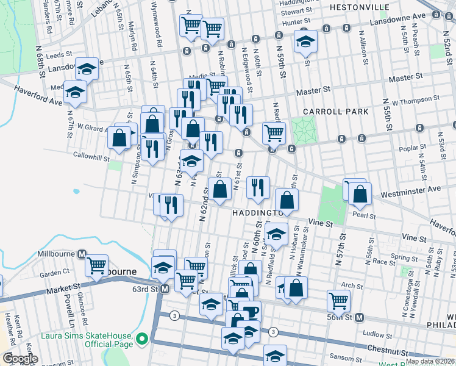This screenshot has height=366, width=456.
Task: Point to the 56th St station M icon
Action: (x=360, y=317)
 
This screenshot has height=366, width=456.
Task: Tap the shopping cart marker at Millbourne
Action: (x=96, y=266)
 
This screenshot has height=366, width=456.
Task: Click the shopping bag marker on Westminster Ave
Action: (x=360, y=193)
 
